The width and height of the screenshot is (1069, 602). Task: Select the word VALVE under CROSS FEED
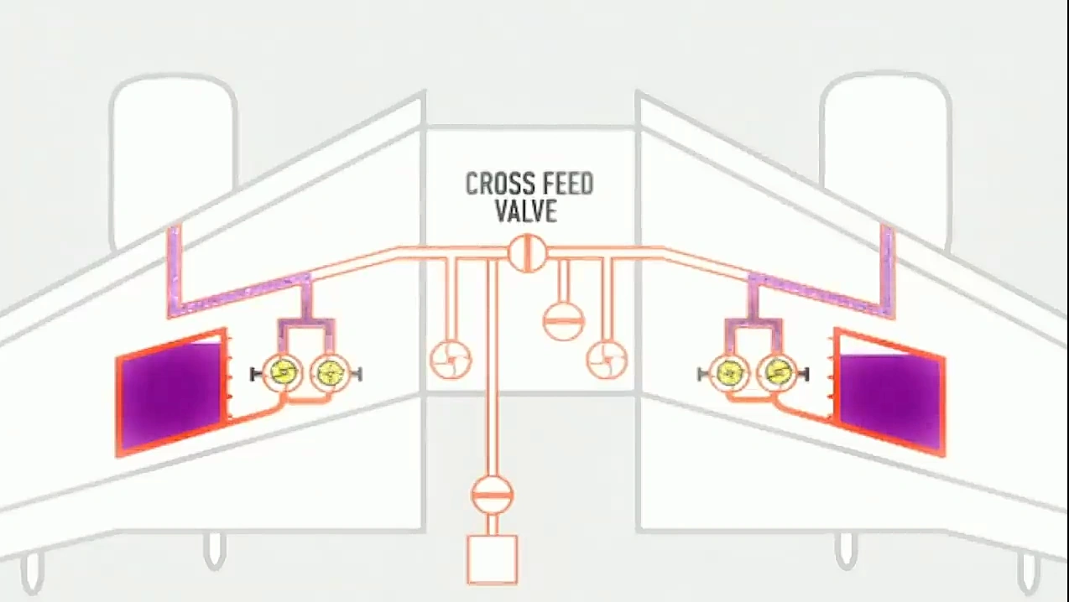(x=526, y=210)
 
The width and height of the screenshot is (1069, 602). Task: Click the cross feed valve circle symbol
(x=527, y=252)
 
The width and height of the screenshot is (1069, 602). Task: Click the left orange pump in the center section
(x=451, y=359)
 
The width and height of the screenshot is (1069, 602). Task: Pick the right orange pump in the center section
(x=606, y=359)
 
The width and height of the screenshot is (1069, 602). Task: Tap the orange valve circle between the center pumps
(x=563, y=319)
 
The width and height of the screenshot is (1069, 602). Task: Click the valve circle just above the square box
(x=492, y=494)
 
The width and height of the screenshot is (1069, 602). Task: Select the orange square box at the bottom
(x=492, y=558)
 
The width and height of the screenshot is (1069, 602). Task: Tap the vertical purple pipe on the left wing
(x=175, y=268)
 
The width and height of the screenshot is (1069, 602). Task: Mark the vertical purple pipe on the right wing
(x=887, y=268)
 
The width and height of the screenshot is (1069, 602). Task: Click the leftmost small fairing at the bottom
(x=32, y=573)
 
